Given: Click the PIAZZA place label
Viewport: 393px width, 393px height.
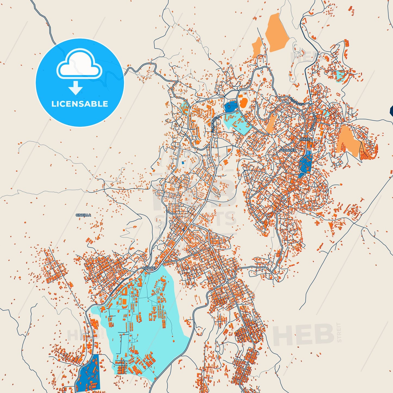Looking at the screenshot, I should (x=306, y=139).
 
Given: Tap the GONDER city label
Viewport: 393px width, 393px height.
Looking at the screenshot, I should (x=289, y=150).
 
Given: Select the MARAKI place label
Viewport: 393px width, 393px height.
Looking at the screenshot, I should (x=149, y=268).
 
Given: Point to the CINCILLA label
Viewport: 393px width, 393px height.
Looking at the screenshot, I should (x=83, y=215).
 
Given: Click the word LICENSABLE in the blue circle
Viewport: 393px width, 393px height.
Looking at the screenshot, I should (x=80, y=104).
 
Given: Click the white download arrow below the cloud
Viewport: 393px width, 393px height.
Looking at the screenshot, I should (x=76, y=88).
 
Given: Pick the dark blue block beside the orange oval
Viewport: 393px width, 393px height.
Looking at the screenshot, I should (x=230, y=106).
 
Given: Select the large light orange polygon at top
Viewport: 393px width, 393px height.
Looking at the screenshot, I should (x=277, y=33).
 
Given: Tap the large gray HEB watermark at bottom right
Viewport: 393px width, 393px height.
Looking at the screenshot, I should (x=303, y=335).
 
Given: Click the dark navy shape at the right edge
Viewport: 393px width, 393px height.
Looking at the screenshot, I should (x=391, y=110).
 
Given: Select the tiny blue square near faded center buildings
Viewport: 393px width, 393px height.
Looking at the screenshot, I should (x=183, y=162).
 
